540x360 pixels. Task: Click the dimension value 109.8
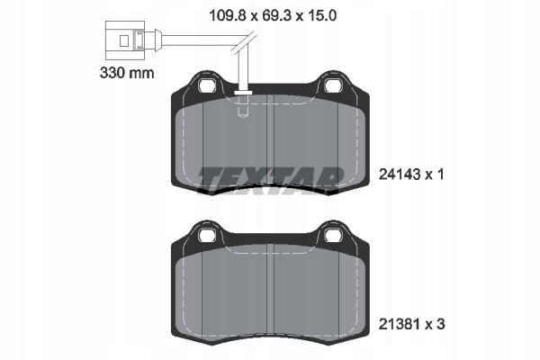(x=229, y=15)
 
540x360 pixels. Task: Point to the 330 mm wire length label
(x=127, y=73)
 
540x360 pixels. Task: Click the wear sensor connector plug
(x=125, y=40)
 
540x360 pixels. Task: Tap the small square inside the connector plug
(x=124, y=41)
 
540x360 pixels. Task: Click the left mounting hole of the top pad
(x=207, y=85)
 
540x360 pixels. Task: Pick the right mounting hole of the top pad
(x=332, y=85)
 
